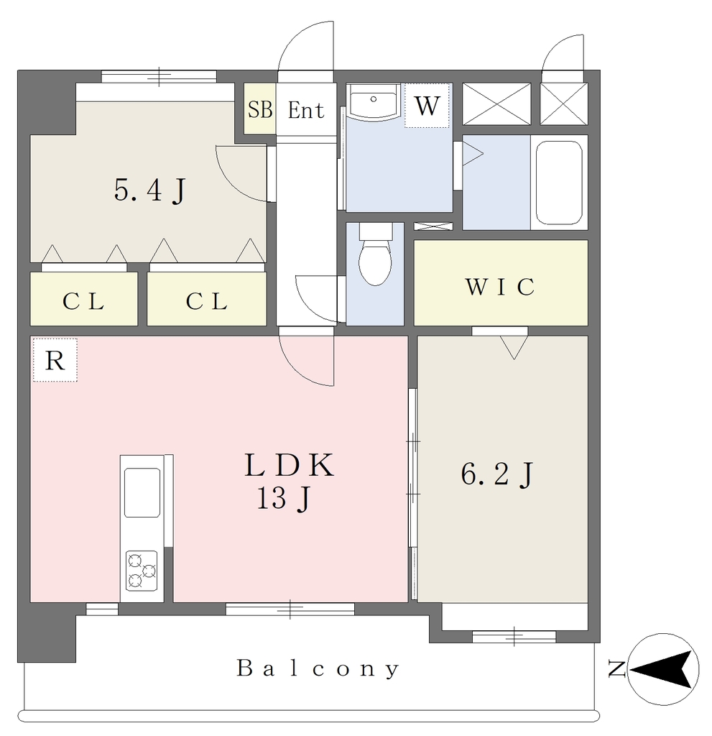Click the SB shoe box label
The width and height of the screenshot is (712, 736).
(x=260, y=110)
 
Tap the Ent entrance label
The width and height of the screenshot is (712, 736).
(x=305, y=110)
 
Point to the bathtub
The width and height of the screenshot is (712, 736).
(x=559, y=183)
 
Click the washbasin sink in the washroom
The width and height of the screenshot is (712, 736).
(x=374, y=101)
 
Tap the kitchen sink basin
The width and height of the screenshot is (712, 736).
(x=142, y=492)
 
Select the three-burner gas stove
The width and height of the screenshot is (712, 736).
(x=142, y=570)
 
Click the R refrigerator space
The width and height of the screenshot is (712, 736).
(x=55, y=360)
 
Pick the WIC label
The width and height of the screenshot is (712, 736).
(x=500, y=287)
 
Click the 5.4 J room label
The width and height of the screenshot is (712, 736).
(x=150, y=190)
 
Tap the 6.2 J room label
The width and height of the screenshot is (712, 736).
(x=497, y=474)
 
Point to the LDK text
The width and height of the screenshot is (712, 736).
(x=289, y=466)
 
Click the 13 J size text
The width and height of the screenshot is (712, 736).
(x=284, y=498)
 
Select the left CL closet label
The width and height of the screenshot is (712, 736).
(x=83, y=301)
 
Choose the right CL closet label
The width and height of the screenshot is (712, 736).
(x=207, y=301)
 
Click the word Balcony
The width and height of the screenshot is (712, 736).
(x=318, y=668)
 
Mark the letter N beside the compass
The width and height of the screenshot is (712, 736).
(x=616, y=668)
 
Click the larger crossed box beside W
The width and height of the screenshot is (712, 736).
(x=496, y=103)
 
